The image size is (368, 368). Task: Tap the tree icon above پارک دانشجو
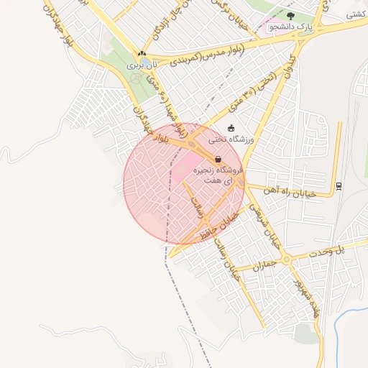pyautogui.click(x=290, y=16)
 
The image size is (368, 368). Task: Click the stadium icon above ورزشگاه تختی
pyautogui.click(x=231, y=128)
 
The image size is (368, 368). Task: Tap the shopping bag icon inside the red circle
pyautogui.click(x=218, y=160)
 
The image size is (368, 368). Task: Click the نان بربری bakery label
pyautogui.click(x=141, y=65)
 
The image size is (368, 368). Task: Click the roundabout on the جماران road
pyautogui.click(x=287, y=259)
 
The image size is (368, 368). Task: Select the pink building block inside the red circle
pyautogui.click(x=181, y=171)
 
